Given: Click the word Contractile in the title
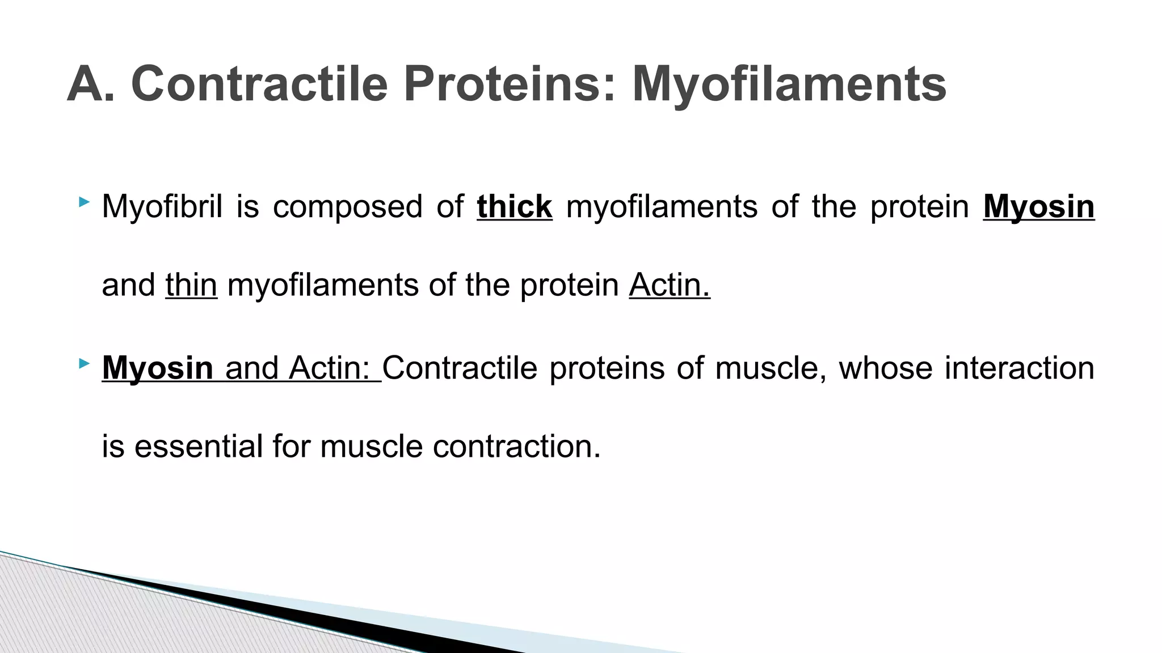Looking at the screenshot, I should pos(259,84).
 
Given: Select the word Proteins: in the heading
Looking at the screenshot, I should pos(510,84).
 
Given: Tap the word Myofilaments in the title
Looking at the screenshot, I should pos(789,84).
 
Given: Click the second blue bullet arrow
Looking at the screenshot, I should pos(84,363).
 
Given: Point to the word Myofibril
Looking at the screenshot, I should pos(162,206).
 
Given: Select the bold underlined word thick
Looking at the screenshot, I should pos(514,206).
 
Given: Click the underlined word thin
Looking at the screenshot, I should pos(191,285).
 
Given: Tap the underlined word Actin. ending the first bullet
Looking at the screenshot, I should pos(669,285).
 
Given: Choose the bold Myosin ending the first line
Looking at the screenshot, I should pos(1038,206).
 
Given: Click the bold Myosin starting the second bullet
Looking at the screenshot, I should pos(157,368).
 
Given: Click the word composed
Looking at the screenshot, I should pos(347,206).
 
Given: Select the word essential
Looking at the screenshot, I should pos(199,446).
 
